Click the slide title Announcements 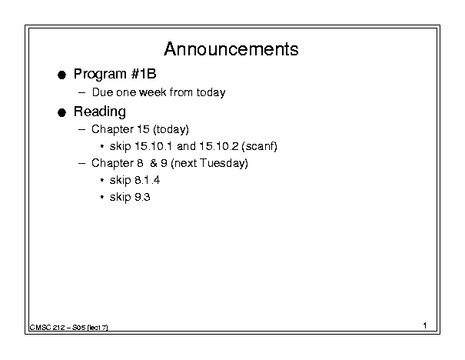click(x=231, y=49)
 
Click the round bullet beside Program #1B click(x=61, y=75)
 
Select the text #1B click(x=144, y=74)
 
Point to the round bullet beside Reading click(x=61, y=112)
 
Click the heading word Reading click(x=100, y=112)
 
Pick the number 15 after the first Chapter click(x=143, y=129)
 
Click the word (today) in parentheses click(x=171, y=129)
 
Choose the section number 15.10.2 click(x=219, y=146)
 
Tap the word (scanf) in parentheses click(x=260, y=146)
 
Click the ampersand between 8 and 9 click(x=154, y=163)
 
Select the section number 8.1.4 click(x=147, y=180)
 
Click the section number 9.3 click(x=142, y=197)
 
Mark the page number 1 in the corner click(x=425, y=325)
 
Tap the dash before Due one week click(x=81, y=92)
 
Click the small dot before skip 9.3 click(x=102, y=197)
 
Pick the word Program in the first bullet click(x=100, y=74)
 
